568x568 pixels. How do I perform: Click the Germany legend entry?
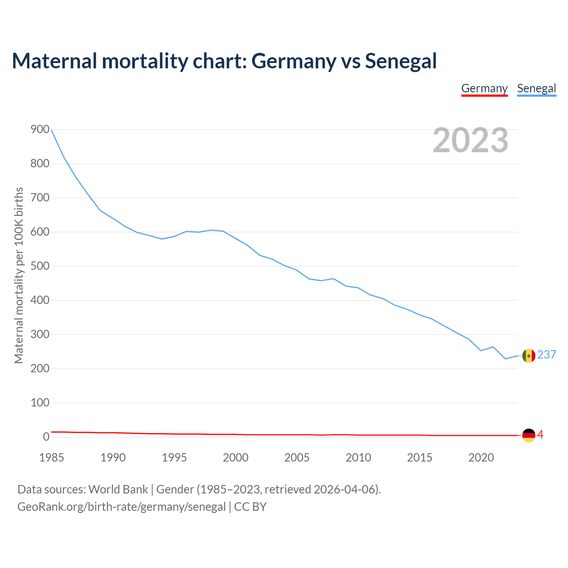click(x=484, y=88)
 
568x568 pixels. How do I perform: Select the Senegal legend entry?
click(x=536, y=88)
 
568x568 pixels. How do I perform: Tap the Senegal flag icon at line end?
click(x=529, y=355)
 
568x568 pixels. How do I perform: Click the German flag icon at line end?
click(x=529, y=435)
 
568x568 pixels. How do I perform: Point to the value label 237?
click(x=547, y=355)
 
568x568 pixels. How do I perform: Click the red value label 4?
click(x=540, y=435)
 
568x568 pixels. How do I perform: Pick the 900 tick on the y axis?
click(x=40, y=130)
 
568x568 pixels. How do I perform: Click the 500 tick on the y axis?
click(x=40, y=266)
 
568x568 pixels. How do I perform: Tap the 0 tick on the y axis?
click(x=46, y=437)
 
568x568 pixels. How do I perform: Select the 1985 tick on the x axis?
click(x=51, y=458)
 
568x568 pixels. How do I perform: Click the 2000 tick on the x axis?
click(x=236, y=458)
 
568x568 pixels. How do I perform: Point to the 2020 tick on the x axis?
click(x=481, y=458)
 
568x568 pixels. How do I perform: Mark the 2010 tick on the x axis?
click(x=358, y=458)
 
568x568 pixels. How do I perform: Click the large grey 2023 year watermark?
click(x=470, y=140)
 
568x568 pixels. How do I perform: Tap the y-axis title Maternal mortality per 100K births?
click(x=19, y=275)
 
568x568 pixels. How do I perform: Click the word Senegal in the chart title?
click(x=401, y=61)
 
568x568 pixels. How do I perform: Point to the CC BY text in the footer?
click(x=250, y=507)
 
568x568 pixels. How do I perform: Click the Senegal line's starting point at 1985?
click(x=52, y=130)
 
